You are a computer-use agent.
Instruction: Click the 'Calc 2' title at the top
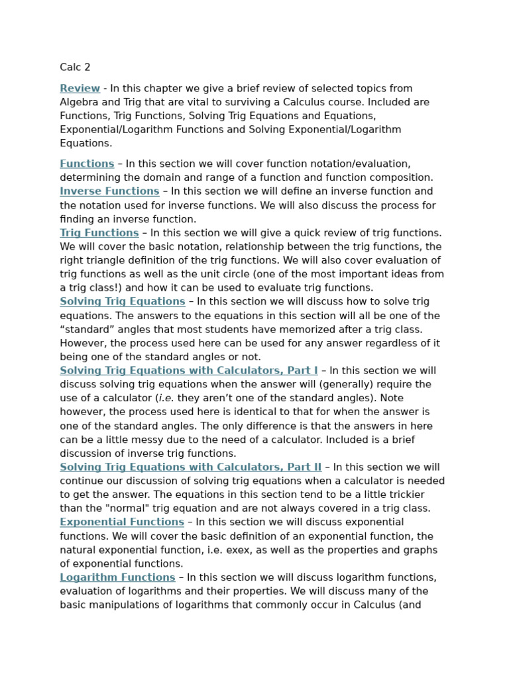click(75, 68)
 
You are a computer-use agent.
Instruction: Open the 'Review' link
click(80, 89)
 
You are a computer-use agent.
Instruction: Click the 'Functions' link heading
click(87, 164)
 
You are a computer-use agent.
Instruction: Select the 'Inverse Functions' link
click(109, 191)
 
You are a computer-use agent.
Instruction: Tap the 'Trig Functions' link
click(99, 233)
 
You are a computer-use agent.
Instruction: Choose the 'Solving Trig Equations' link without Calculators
click(123, 302)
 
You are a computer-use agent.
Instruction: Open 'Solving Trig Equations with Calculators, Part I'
click(189, 371)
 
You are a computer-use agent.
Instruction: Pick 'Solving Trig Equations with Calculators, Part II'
click(191, 467)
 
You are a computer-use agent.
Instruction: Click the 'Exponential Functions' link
click(122, 522)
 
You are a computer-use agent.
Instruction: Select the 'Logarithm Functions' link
click(117, 578)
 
